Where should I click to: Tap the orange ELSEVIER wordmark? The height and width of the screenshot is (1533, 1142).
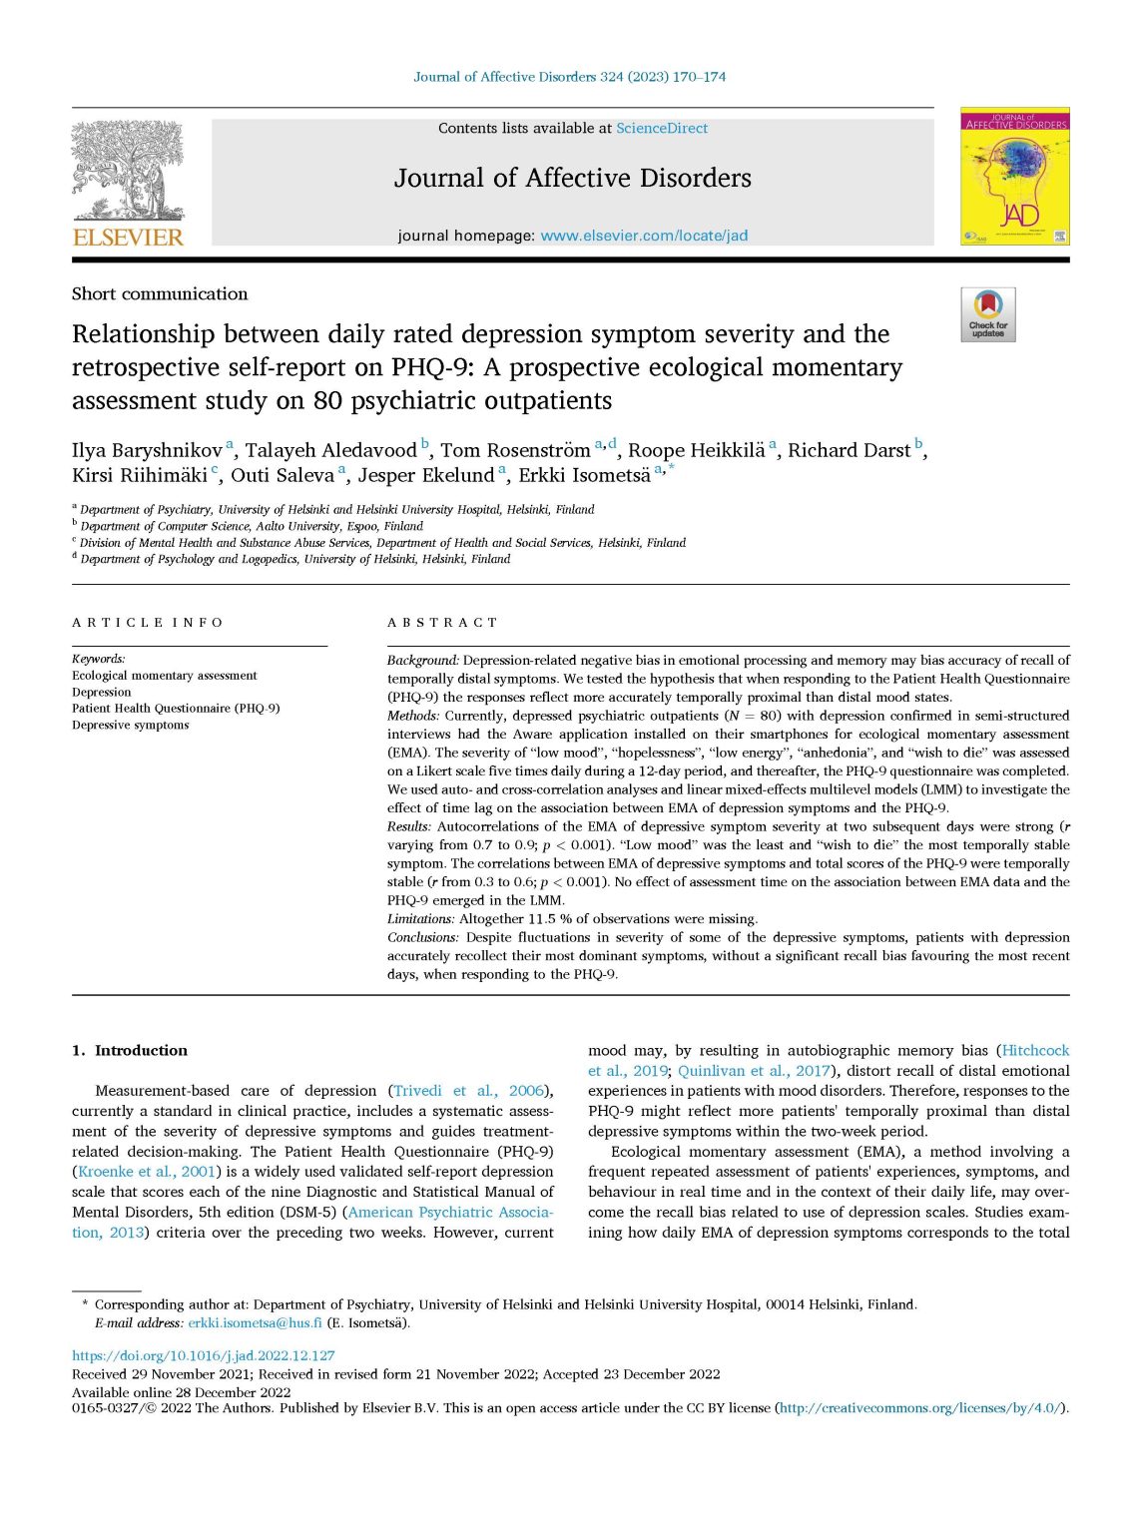coord(128,238)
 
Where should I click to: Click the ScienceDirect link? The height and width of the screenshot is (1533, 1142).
coord(662,129)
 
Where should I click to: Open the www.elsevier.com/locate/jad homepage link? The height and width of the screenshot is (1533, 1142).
coord(644,237)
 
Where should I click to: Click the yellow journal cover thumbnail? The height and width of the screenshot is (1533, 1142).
coord(1014,177)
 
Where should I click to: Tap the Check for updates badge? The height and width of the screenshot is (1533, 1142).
coord(987,314)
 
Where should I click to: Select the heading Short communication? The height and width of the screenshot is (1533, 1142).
coord(160,294)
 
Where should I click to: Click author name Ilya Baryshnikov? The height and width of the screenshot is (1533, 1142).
coord(147,450)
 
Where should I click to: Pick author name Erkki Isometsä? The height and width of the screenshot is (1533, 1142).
coord(584,476)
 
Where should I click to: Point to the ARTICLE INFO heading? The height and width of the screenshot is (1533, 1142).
coord(148,623)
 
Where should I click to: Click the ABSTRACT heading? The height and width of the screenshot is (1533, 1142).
coord(442,623)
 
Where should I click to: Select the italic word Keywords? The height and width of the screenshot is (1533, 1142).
coord(98,659)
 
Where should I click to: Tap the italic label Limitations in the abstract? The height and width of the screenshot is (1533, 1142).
coord(420,919)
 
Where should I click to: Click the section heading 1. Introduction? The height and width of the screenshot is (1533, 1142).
coord(130,1051)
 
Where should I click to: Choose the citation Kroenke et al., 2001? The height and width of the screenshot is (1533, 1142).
coord(146,1172)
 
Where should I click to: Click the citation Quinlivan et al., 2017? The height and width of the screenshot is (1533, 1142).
coord(754,1071)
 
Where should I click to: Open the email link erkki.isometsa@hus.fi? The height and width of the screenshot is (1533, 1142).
coord(255,1323)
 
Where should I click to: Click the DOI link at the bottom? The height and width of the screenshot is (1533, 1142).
coord(204,1356)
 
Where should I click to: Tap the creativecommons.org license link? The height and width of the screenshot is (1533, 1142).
coord(919,1408)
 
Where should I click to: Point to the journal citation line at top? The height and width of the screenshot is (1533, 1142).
coord(570,77)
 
